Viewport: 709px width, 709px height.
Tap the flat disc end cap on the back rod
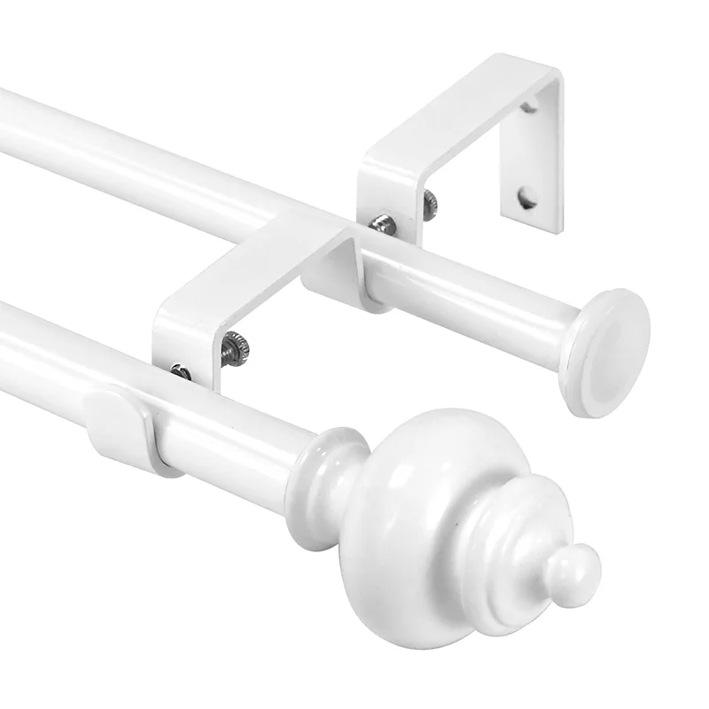[610, 351]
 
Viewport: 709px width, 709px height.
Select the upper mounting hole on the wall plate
[529, 107]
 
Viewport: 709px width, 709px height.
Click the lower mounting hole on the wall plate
[527, 197]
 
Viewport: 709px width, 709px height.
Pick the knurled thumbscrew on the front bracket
[236, 347]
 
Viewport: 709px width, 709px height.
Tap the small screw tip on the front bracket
[181, 371]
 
